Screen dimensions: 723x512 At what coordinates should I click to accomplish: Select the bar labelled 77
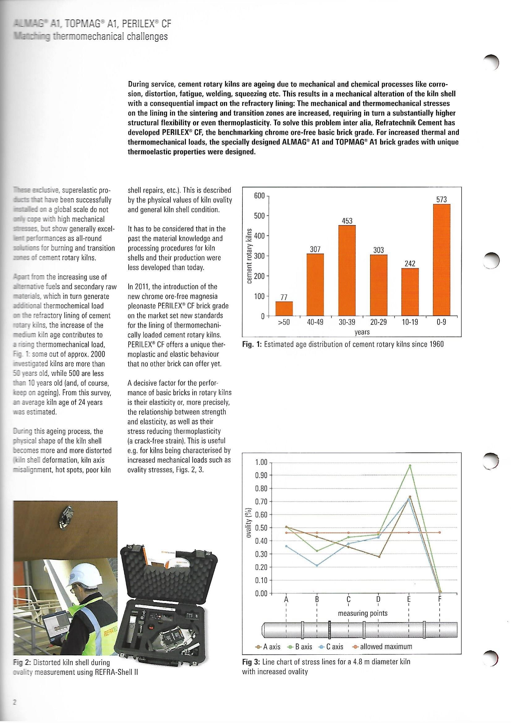point(284,308)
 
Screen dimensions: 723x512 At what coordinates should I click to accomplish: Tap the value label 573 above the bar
point(442,199)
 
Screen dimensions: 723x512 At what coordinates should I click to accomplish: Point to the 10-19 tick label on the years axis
point(410,322)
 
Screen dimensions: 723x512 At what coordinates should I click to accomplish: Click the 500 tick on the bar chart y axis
point(259,216)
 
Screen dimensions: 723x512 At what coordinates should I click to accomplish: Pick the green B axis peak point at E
point(410,466)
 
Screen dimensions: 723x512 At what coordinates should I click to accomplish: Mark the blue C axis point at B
point(317,565)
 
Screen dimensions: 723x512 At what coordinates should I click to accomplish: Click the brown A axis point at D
point(379,557)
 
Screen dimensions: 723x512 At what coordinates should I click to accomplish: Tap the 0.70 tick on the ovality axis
point(261,501)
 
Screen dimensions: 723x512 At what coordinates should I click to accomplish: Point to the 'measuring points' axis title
point(363,613)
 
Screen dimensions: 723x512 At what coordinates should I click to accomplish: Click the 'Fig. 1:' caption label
point(252,344)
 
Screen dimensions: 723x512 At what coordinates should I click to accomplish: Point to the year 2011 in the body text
point(141,287)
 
